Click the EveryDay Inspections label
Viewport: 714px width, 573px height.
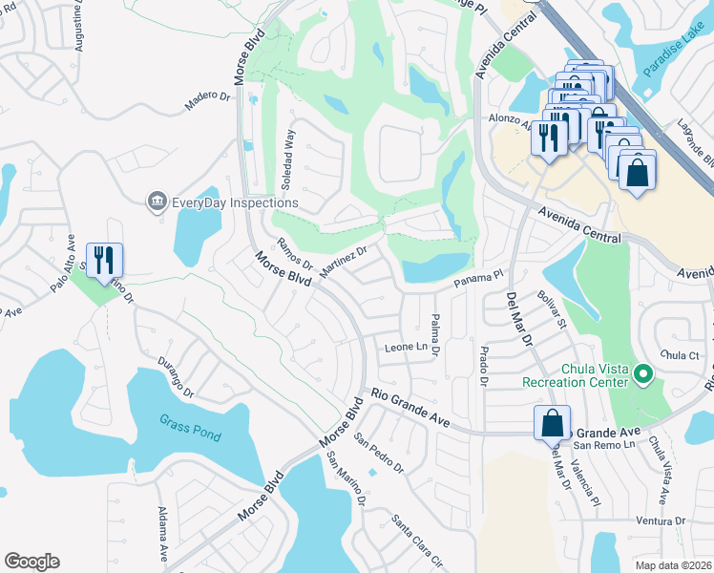point(235,202)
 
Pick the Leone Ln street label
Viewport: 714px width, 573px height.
point(405,346)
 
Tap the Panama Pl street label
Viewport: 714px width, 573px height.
point(478,277)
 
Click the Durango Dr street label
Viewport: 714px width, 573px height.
point(176,380)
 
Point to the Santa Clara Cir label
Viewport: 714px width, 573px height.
point(417,540)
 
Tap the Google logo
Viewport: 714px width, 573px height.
point(31,562)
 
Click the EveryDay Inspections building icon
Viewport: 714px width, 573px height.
point(156,202)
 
